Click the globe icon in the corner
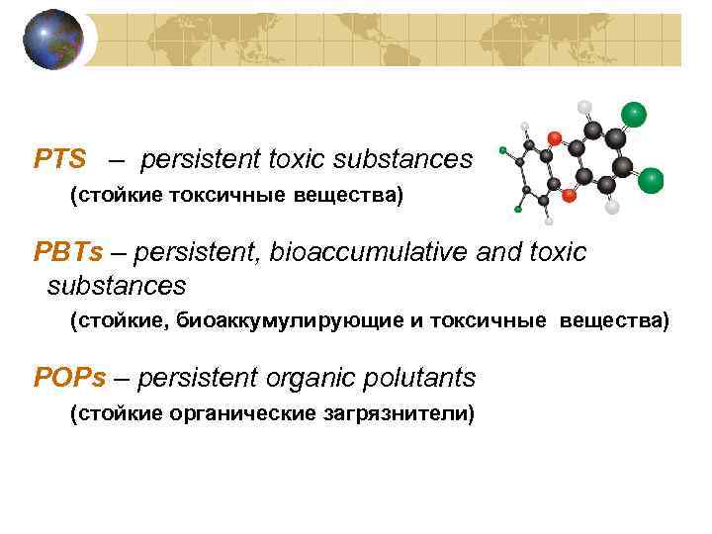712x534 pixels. coord(53,40)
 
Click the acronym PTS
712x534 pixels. coord(60,159)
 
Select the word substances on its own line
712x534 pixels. coord(117,287)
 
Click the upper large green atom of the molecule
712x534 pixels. coord(633,115)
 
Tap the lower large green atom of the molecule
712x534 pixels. coord(651,180)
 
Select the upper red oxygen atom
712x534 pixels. coord(555,137)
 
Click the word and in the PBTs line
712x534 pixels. coord(496,253)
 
